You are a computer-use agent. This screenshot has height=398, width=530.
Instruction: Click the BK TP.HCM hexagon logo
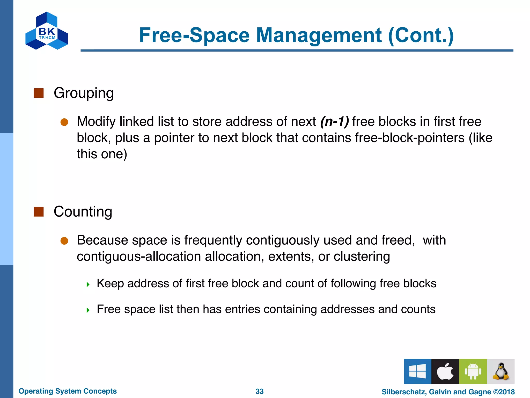[x=47, y=31]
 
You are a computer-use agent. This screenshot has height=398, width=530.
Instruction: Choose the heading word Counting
[x=83, y=211]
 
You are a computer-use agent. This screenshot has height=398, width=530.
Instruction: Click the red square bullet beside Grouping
[x=39, y=93]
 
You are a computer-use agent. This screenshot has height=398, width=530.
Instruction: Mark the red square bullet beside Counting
[x=39, y=212]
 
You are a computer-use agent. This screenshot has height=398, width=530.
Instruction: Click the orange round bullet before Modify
[x=64, y=122]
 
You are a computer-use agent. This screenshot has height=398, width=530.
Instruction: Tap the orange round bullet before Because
[x=64, y=241]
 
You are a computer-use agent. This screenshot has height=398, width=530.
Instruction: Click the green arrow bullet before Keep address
[x=88, y=285]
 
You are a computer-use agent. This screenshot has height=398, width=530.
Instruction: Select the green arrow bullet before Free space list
[x=88, y=310]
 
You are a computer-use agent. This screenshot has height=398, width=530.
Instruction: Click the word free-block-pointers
[x=410, y=138]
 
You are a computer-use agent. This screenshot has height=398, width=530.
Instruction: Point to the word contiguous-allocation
[x=139, y=257]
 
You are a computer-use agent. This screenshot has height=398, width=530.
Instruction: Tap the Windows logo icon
[x=417, y=371]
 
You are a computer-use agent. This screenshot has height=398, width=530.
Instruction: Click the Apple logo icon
[x=445, y=371]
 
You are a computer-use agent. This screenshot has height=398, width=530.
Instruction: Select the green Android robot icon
[x=473, y=371]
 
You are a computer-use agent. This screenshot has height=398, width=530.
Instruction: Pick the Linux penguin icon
[x=501, y=371]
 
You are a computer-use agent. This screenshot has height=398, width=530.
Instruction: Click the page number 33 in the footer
[x=260, y=391]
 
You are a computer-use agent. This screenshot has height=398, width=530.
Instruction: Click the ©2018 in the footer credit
[x=504, y=392]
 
